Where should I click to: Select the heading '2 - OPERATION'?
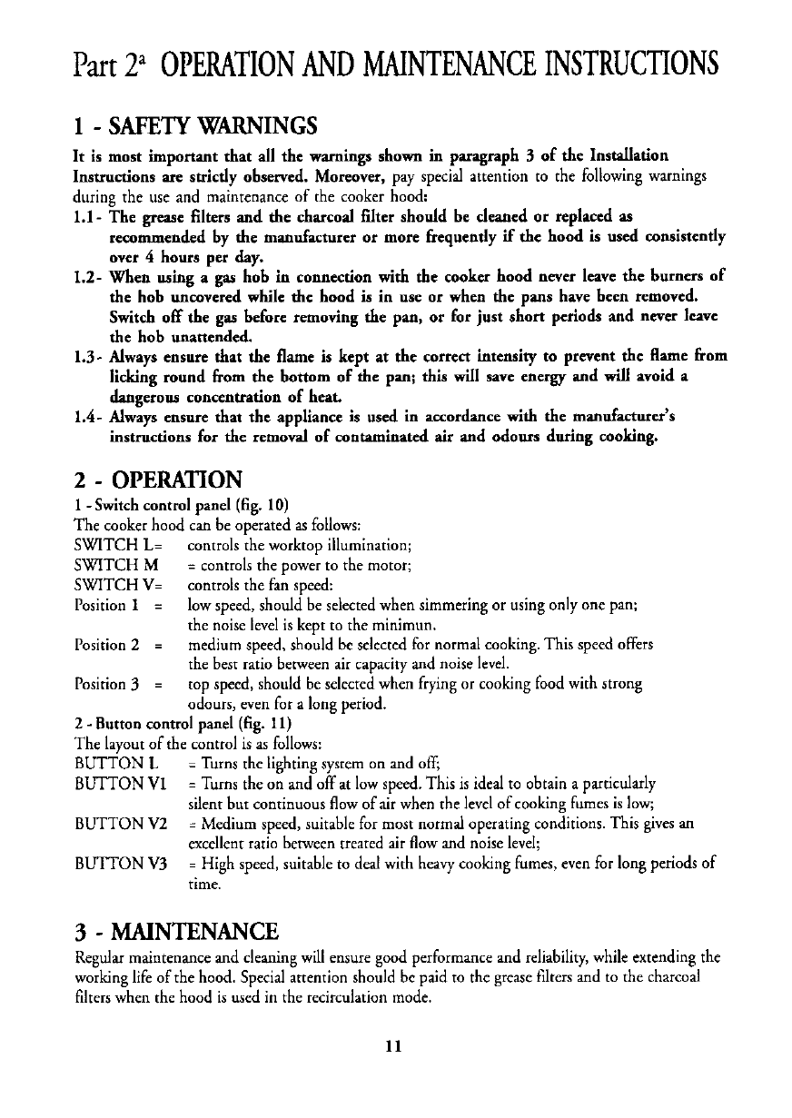point(157,479)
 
